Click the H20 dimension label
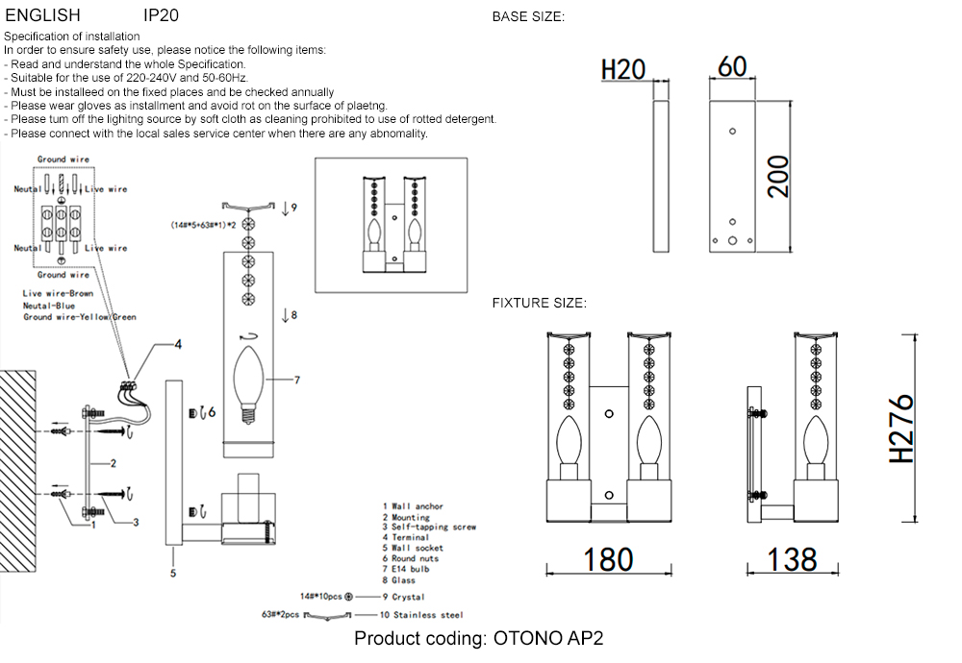click(x=622, y=70)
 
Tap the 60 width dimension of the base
click(x=732, y=66)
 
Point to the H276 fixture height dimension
click(x=901, y=429)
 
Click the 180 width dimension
click(x=608, y=559)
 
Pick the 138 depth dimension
click(x=792, y=559)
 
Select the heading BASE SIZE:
click(x=528, y=17)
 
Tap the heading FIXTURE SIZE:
click(x=539, y=303)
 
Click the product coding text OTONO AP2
click(x=479, y=639)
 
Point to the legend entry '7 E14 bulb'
click(x=405, y=569)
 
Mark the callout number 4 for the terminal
click(x=177, y=343)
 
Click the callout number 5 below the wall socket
click(x=173, y=574)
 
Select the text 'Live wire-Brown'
click(x=58, y=293)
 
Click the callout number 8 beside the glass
click(x=294, y=314)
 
